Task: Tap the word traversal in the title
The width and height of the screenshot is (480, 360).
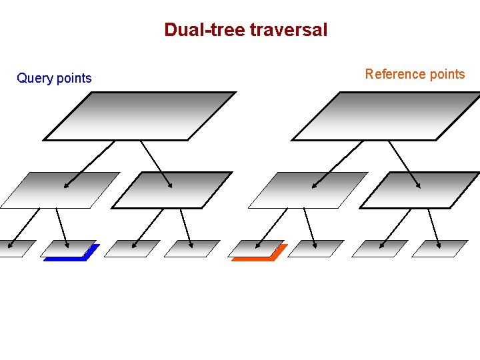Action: click(x=288, y=30)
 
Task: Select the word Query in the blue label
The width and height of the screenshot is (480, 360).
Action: click(x=34, y=79)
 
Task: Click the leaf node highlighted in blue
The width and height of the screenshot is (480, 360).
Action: click(x=68, y=249)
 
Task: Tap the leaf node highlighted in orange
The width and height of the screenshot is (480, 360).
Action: click(x=257, y=249)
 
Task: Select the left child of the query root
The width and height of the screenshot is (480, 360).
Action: click(x=60, y=190)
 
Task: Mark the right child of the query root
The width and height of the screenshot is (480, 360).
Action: click(x=172, y=190)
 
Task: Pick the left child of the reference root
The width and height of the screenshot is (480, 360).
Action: click(x=308, y=190)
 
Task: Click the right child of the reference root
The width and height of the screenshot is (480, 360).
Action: click(x=421, y=190)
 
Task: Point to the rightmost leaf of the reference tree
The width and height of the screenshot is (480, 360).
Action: click(x=440, y=248)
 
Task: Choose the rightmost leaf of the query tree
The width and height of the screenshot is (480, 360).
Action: click(x=192, y=248)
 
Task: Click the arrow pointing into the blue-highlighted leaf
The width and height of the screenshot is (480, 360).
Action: click(x=62, y=227)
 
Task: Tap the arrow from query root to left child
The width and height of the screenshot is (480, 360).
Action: click(x=89, y=163)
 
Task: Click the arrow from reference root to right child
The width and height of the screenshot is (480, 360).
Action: click(x=404, y=163)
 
